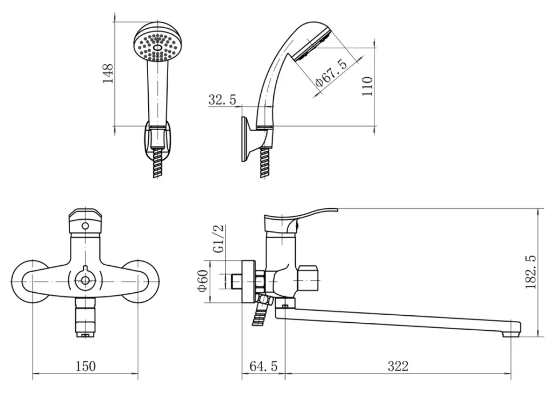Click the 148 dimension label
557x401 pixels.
(107, 73)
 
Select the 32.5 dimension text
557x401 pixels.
(222, 100)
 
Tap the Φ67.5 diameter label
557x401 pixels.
(331, 74)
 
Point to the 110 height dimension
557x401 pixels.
(368, 86)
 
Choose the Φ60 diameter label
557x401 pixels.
(203, 281)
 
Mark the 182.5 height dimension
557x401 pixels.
(531, 272)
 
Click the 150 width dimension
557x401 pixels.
(86, 366)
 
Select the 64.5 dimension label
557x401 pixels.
(263, 366)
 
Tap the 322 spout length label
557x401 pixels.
(398, 366)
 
